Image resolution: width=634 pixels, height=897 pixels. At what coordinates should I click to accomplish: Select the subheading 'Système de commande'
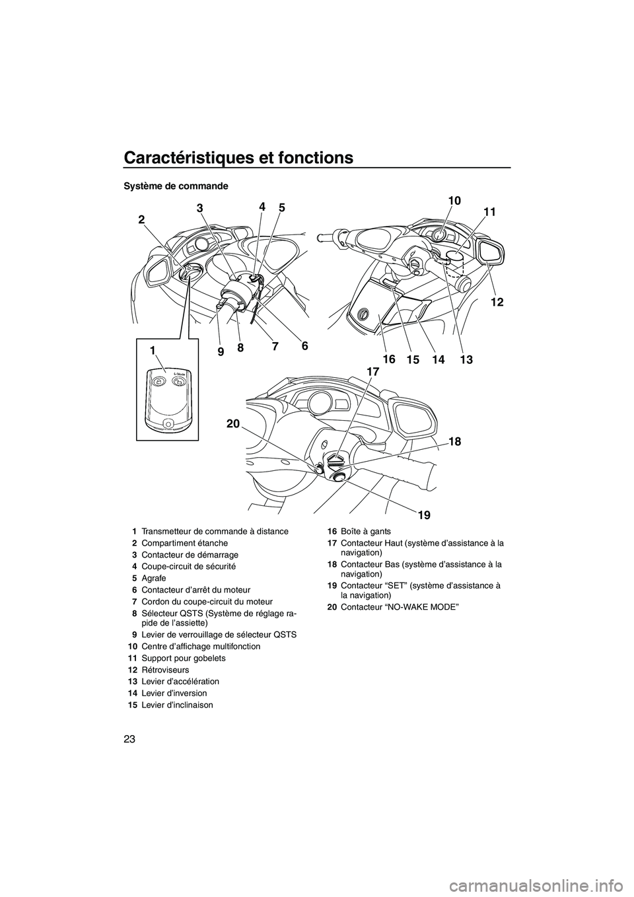click(176, 186)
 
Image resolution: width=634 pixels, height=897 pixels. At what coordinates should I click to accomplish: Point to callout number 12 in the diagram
click(497, 302)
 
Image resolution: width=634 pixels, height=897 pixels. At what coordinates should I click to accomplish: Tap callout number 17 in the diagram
click(373, 373)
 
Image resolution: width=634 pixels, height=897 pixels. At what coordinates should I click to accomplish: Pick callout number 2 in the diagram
click(142, 221)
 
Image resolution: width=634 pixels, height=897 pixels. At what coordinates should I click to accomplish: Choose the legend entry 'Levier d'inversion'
click(174, 693)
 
